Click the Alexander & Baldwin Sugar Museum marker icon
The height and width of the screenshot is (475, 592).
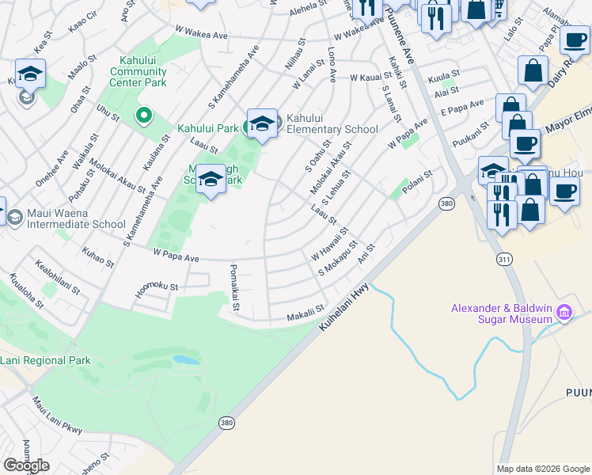click(564, 313)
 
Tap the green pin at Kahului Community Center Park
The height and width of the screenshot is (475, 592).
click(143, 116)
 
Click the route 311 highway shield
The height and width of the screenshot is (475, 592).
click(504, 259)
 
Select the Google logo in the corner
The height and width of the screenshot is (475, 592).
click(26, 465)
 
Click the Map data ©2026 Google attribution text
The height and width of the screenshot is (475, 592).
click(543, 469)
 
